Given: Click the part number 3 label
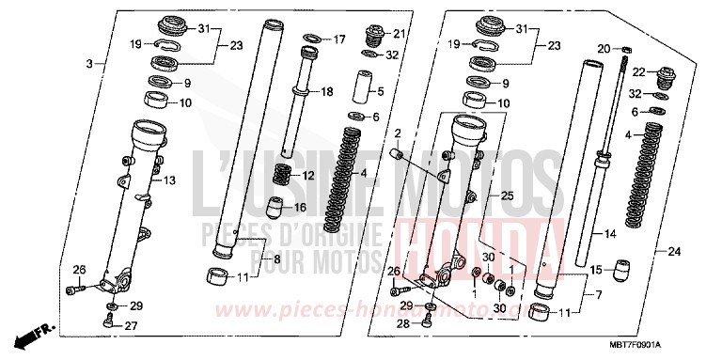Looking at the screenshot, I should pyautogui.click(x=90, y=64).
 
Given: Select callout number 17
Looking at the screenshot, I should pyautogui.click(x=340, y=39).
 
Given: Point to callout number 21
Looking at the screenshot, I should pyautogui.click(x=399, y=34).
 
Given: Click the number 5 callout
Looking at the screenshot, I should pyautogui.click(x=380, y=91).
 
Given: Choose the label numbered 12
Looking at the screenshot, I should pyautogui.click(x=306, y=176).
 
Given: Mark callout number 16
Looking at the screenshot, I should pyautogui.click(x=302, y=207).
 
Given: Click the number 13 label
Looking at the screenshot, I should pyautogui.click(x=171, y=180).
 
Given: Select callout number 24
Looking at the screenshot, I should pyautogui.click(x=674, y=251).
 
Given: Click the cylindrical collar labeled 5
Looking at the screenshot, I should pyautogui.click(x=361, y=90).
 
